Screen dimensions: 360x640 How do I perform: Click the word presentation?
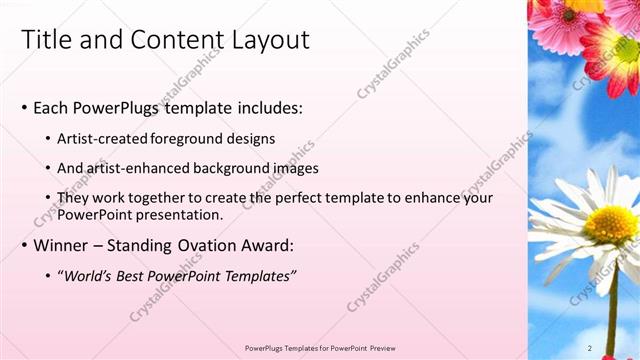pos(177,214)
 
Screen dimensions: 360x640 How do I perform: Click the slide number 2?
pos(590,347)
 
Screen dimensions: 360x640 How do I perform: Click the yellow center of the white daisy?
pos(610,225)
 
